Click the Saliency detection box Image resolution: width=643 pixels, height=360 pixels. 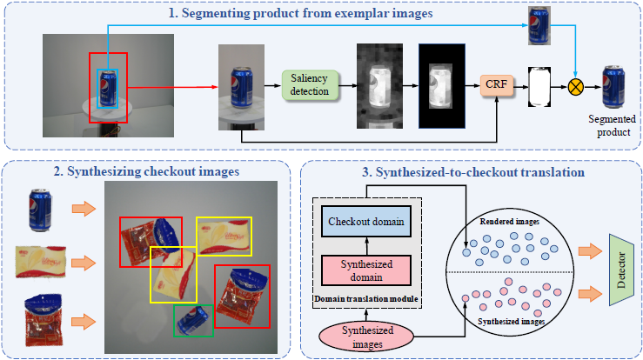pos(309,85)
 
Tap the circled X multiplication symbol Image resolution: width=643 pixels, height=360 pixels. pos(575,85)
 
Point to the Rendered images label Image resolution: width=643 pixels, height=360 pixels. pos(509,221)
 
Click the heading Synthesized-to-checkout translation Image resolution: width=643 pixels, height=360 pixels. pos(473,172)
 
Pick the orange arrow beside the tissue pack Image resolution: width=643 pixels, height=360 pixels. pos(84,258)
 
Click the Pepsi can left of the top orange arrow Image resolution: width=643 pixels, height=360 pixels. pos(41,210)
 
